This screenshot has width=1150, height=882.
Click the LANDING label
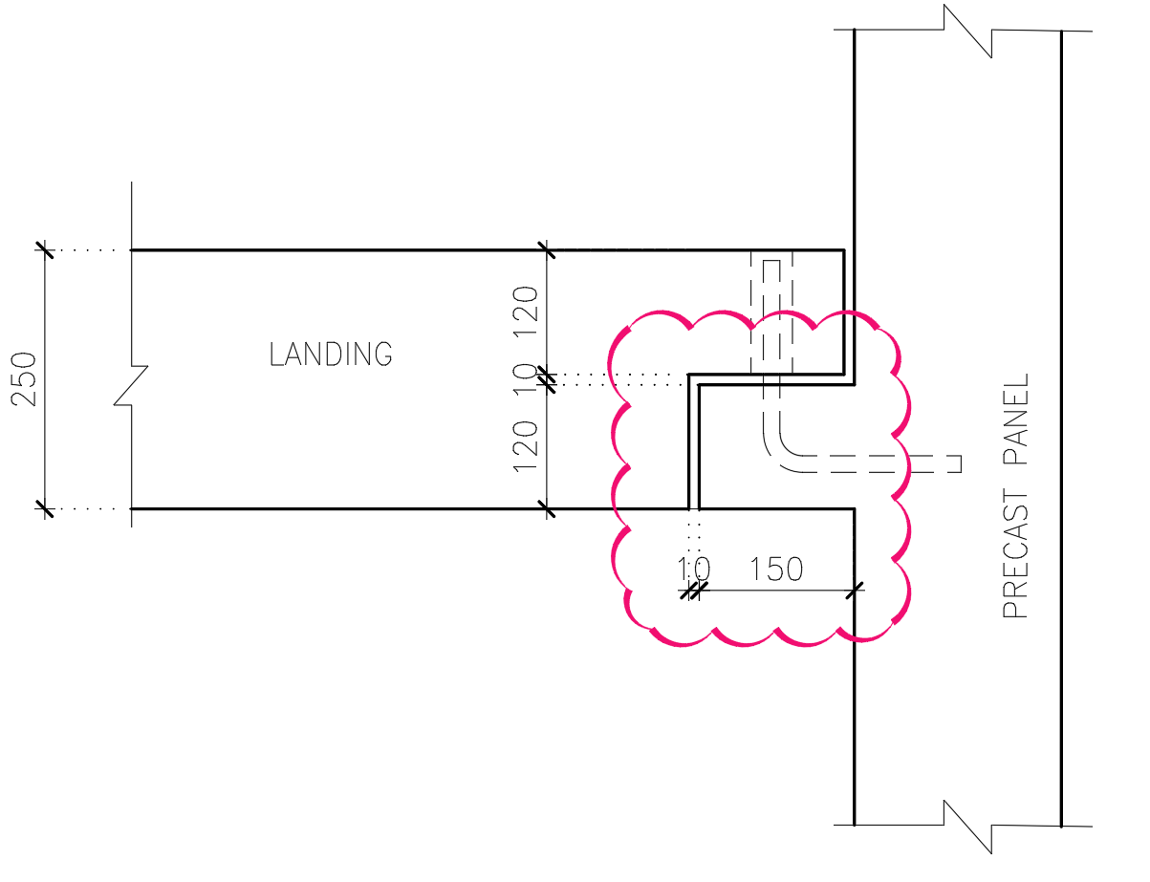coord(331,355)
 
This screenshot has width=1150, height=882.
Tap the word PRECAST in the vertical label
coord(1015,553)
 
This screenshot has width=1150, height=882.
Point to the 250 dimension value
coord(25,379)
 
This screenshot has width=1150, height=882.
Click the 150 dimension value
coord(775,570)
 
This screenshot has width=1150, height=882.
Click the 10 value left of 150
coord(693,570)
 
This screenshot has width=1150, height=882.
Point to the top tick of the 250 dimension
coord(44,249)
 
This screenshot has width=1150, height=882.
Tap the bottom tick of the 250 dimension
coord(44,508)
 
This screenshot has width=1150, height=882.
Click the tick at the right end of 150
coord(855,590)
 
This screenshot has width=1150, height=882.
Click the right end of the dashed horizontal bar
coord(959,463)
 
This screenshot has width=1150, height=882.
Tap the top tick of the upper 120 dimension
coord(546,250)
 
